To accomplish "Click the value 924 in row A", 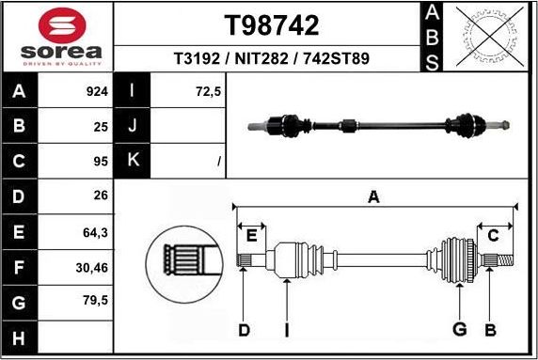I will pos(98,92).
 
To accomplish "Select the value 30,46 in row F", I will pos(94,268).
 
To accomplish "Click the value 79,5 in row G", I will pos(97,303).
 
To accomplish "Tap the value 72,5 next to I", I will pos(208,92).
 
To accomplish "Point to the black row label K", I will pos(132,162).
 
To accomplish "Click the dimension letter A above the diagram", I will pos(373,196).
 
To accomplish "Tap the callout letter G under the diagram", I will pos(459,329).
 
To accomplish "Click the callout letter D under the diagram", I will pos(244,329).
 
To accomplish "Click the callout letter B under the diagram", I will pos(489,329).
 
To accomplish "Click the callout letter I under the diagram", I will pos(287,329).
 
